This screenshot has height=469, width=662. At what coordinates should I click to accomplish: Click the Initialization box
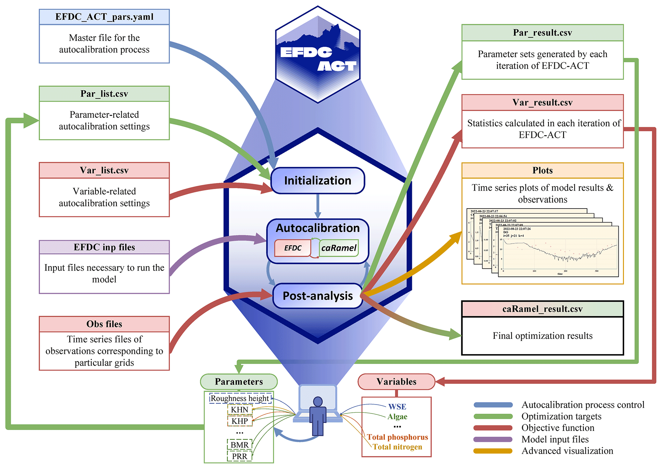pyautogui.click(x=317, y=181)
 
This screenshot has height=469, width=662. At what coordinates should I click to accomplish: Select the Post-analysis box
pyautogui.click(x=317, y=296)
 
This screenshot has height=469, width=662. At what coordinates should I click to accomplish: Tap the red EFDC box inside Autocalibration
pyautogui.click(x=293, y=248)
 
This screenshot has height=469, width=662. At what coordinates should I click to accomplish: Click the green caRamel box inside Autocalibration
pyautogui.click(x=339, y=248)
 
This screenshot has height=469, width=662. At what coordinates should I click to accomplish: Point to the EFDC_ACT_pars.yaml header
pyautogui.click(x=104, y=17)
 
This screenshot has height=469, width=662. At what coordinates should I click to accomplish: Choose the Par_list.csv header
pyautogui.click(x=104, y=94)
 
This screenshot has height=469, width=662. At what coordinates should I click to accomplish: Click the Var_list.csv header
pyautogui.click(x=104, y=170)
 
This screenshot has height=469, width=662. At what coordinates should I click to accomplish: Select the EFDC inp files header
pyautogui.click(x=104, y=247)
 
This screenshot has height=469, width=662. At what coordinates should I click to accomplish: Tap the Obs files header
pyautogui.click(x=104, y=324)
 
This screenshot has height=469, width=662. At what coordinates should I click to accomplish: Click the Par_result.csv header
pyautogui.click(x=542, y=33)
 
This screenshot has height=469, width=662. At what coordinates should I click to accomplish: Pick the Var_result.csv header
pyautogui.click(x=542, y=102)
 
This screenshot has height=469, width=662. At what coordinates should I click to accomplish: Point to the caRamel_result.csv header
pyautogui.click(x=542, y=309)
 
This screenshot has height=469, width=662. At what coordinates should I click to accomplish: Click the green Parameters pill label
pyautogui.click(x=239, y=382)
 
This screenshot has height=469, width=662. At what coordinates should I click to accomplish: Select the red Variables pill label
pyautogui.click(x=396, y=382)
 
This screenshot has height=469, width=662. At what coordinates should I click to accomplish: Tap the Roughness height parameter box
pyautogui.click(x=240, y=398)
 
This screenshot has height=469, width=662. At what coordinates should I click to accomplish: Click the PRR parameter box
pyautogui.click(x=240, y=456)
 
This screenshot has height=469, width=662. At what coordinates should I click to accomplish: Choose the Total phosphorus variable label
pyautogui.click(x=397, y=437)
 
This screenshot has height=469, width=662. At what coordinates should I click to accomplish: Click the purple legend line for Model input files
pyautogui.click(x=493, y=440)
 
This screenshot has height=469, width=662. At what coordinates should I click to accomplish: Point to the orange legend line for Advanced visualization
pyautogui.click(x=493, y=451)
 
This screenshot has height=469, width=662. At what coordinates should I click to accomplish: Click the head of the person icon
pyautogui.click(x=318, y=401)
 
